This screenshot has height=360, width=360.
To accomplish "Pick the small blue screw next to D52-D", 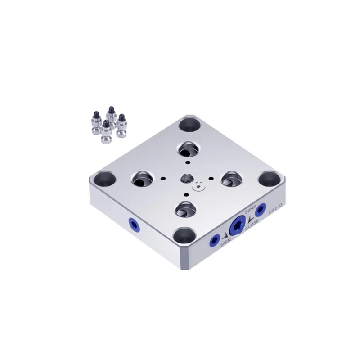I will pos(259,211).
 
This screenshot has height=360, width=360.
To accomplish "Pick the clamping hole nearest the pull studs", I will pos(142,180).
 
